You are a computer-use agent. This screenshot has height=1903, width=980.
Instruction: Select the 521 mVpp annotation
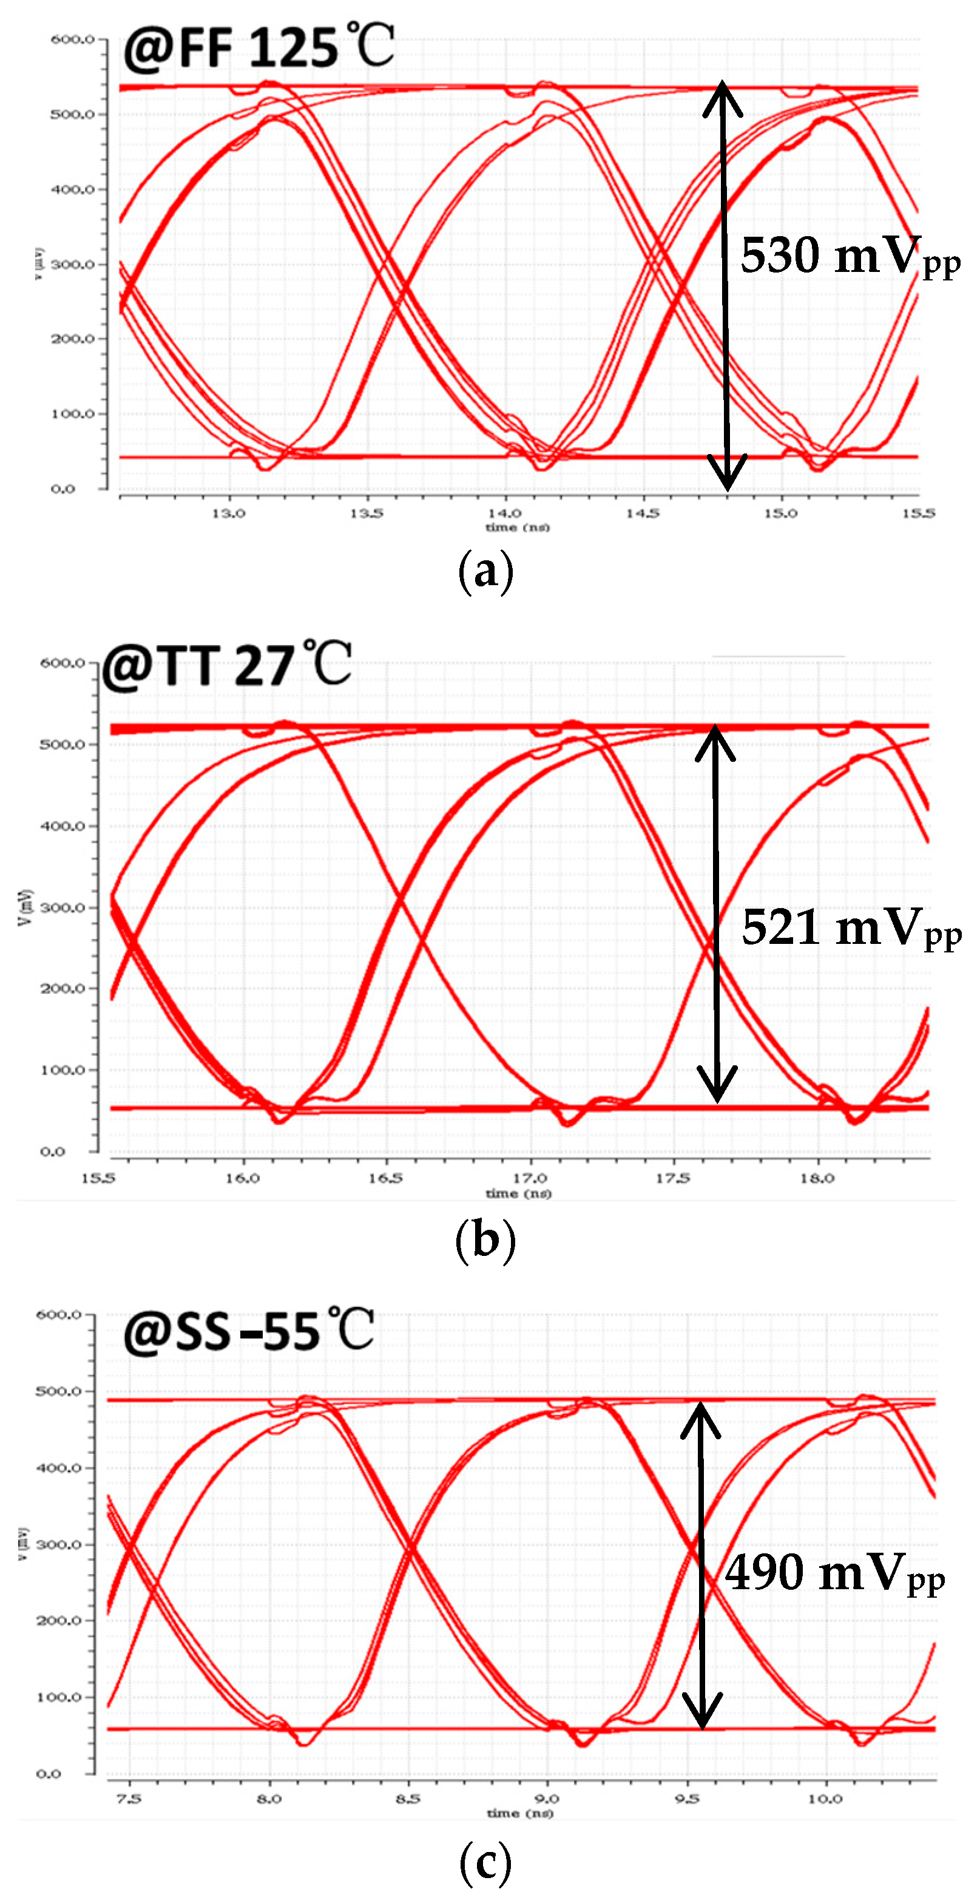[851, 928]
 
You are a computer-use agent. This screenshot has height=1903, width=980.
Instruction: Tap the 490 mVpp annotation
[834, 1573]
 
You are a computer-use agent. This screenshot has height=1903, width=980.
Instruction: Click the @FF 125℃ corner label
[259, 48]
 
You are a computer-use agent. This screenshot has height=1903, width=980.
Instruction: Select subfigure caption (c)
[485, 1862]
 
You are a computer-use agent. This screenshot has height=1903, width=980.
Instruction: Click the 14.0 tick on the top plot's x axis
[504, 513]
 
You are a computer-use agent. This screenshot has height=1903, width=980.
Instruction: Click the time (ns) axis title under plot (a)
[517, 527]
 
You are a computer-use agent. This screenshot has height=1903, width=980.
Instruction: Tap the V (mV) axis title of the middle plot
[27, 907]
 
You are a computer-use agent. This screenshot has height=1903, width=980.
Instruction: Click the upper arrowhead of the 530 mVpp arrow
[721, 95]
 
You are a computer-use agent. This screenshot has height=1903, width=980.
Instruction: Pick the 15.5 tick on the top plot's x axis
[918, 513]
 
